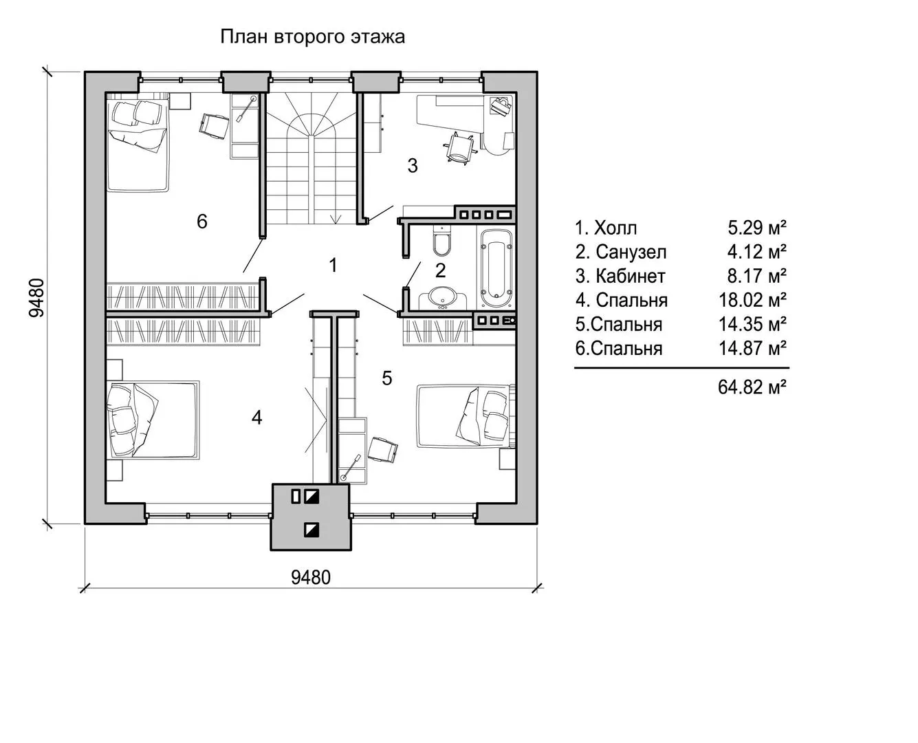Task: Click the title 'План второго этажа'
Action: [312, 36]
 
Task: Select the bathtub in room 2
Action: [496, 268]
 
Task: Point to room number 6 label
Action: [201, 222]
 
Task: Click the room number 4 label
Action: [256, 418]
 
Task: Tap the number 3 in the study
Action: [413, 166]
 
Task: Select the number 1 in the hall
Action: [334, 265]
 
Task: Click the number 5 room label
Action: [387, 378]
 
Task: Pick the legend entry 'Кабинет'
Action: [630, 276]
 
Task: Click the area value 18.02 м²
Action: [752, 300]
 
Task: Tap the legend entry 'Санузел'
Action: [631, 252]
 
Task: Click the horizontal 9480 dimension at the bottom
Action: [311, 577]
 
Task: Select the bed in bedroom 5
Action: [464, 415]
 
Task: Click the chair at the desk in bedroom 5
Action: [382, 450]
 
